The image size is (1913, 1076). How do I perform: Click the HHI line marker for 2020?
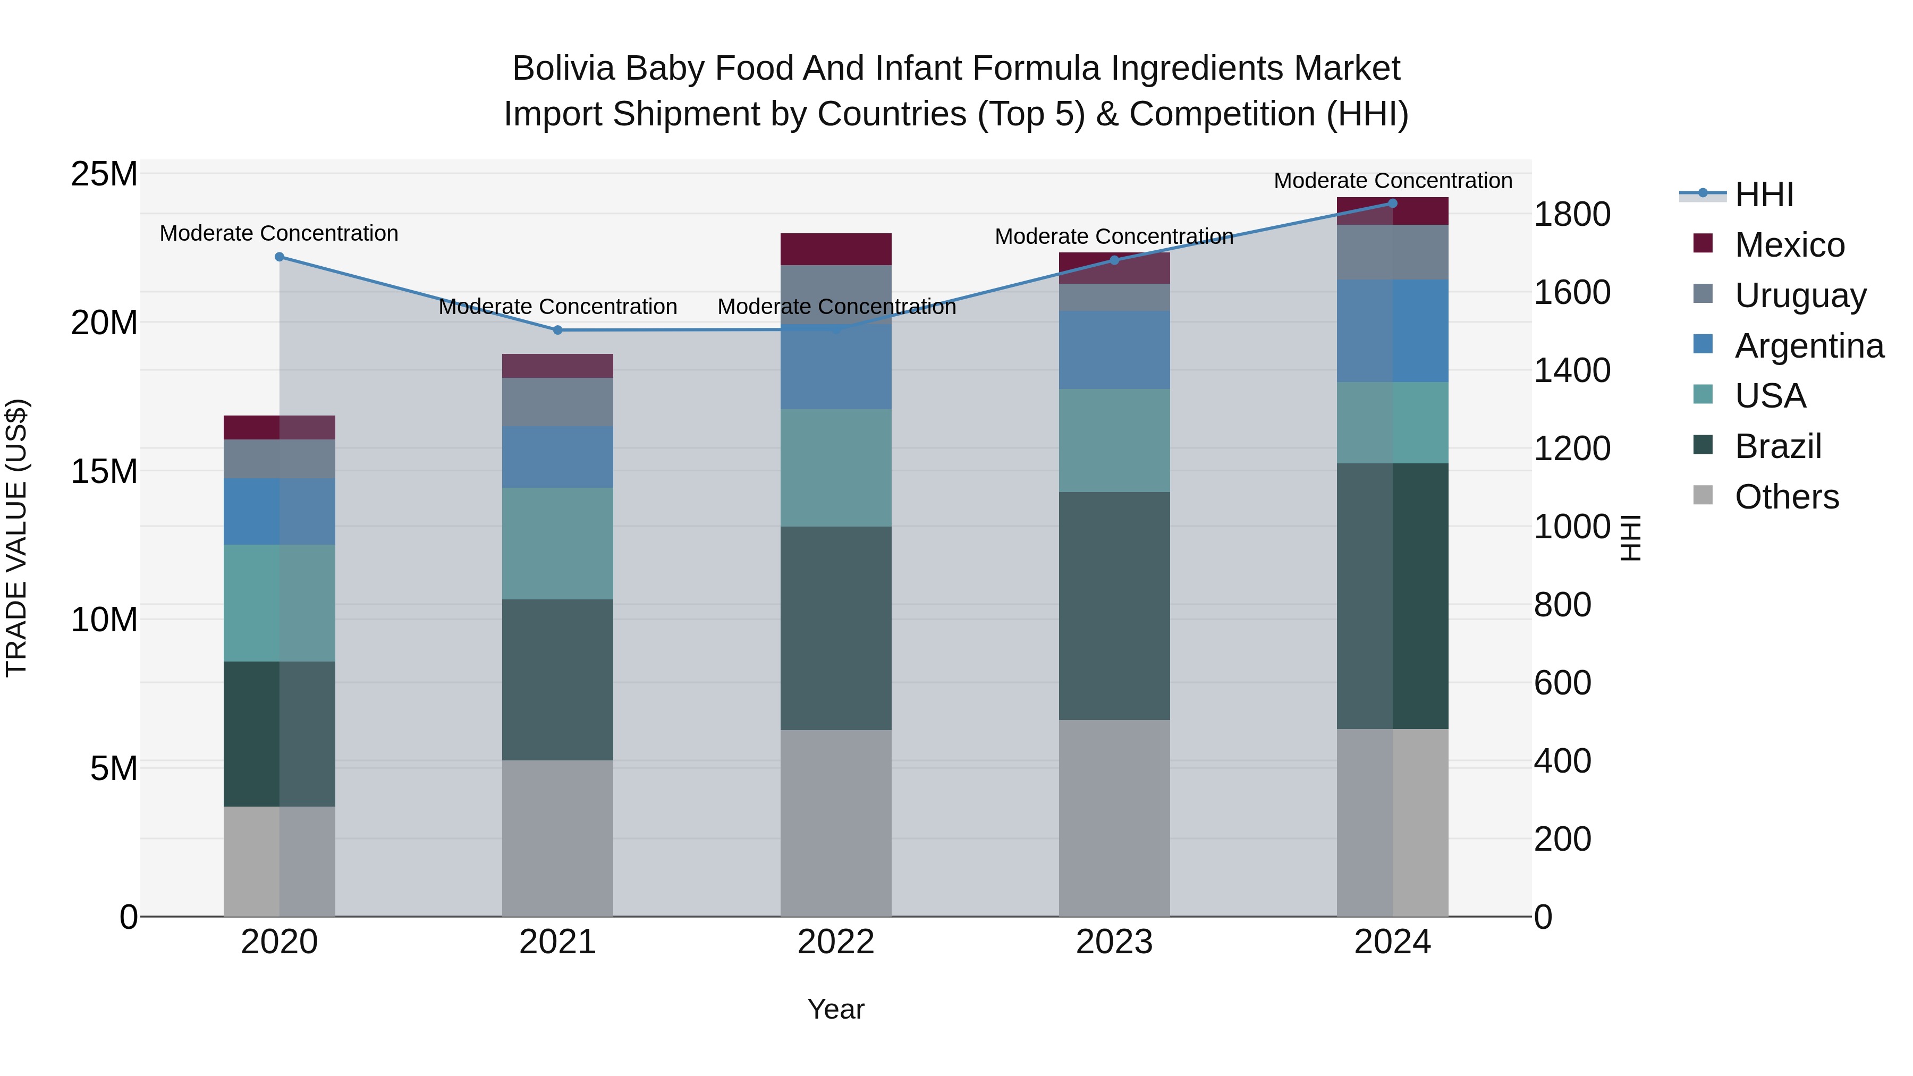tap(279, 257)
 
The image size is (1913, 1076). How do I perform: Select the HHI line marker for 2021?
tap(558, 329)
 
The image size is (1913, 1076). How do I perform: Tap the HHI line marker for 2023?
tap(1114, 260)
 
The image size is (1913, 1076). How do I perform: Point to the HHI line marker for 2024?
tap(1392, 204)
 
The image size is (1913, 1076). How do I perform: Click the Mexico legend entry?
tap(1789, 245)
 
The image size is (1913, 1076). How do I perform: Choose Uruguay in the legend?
tap(1800, 295)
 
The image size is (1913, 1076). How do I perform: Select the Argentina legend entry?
tap(1809, 346)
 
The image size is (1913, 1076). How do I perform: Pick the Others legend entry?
tap(1786, 497)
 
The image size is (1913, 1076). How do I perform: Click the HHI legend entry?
tap(1764, 194)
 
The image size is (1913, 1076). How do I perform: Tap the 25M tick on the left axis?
tap(104, 174)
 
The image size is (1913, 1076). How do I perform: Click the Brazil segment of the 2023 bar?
tap(1114, 605)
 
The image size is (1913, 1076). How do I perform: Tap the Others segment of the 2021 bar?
tap(558, 837)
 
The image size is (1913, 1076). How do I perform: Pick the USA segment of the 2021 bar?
tap(558, 544)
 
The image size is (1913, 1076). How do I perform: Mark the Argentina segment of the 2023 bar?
tap(1114, 350)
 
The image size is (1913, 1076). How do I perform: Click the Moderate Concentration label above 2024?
tap(1392, 181)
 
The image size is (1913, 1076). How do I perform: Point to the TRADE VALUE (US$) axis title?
tap(16, 538)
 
